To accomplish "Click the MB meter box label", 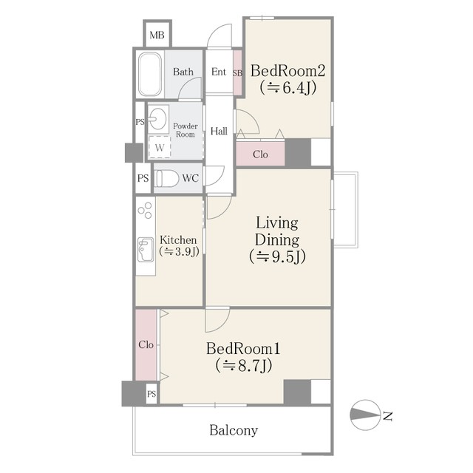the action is (x=157, y=35).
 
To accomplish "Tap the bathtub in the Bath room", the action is (x=150, y=74).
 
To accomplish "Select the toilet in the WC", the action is (x=166, y=178).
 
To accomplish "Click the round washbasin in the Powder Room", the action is (x=157, y=119).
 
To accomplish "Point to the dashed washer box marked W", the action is (x=160, y=147).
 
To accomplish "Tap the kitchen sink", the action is (x=146, y=250).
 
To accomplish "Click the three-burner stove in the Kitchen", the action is (x=145, y=210).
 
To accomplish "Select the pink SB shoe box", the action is (x=238, y=73).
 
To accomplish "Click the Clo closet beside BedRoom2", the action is (x=260, y=154).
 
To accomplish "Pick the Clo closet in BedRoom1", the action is (x=146, y=345).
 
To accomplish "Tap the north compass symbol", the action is (x=365, y=415).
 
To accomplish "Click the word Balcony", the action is (x=234, y=430).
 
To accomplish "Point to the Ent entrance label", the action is (x=219, y=72).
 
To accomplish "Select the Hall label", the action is (x=219, y=131).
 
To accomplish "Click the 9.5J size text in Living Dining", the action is (x=278, y=256).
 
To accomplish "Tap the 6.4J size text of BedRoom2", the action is (x=288, y=88).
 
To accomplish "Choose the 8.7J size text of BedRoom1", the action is (x=244, y=365).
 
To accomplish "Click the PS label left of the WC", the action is (x=143, y=178).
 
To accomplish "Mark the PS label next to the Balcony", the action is (x=152, y=394).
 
